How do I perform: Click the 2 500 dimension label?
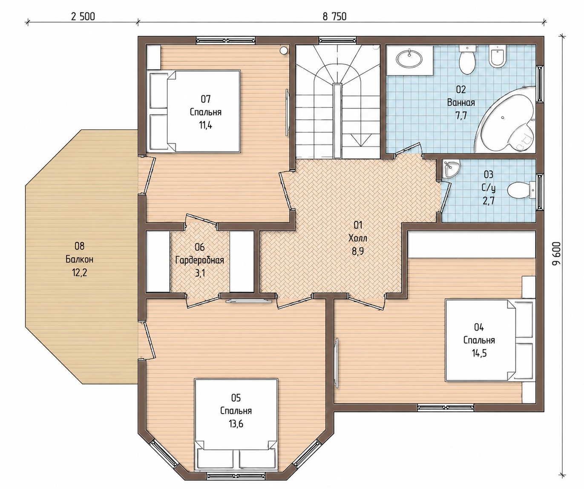click(x=83, y=17)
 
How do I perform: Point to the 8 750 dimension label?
click(x=334, y=17)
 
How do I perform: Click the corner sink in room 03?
click(x=451, y=169)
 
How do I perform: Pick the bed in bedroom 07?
click(x=194, y=111)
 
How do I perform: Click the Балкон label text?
click(x=79, y=259)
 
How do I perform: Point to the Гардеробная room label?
click(x=200, y=260)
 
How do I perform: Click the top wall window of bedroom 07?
click(x=225, y=40)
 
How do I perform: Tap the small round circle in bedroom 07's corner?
click(x=284, y=51)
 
